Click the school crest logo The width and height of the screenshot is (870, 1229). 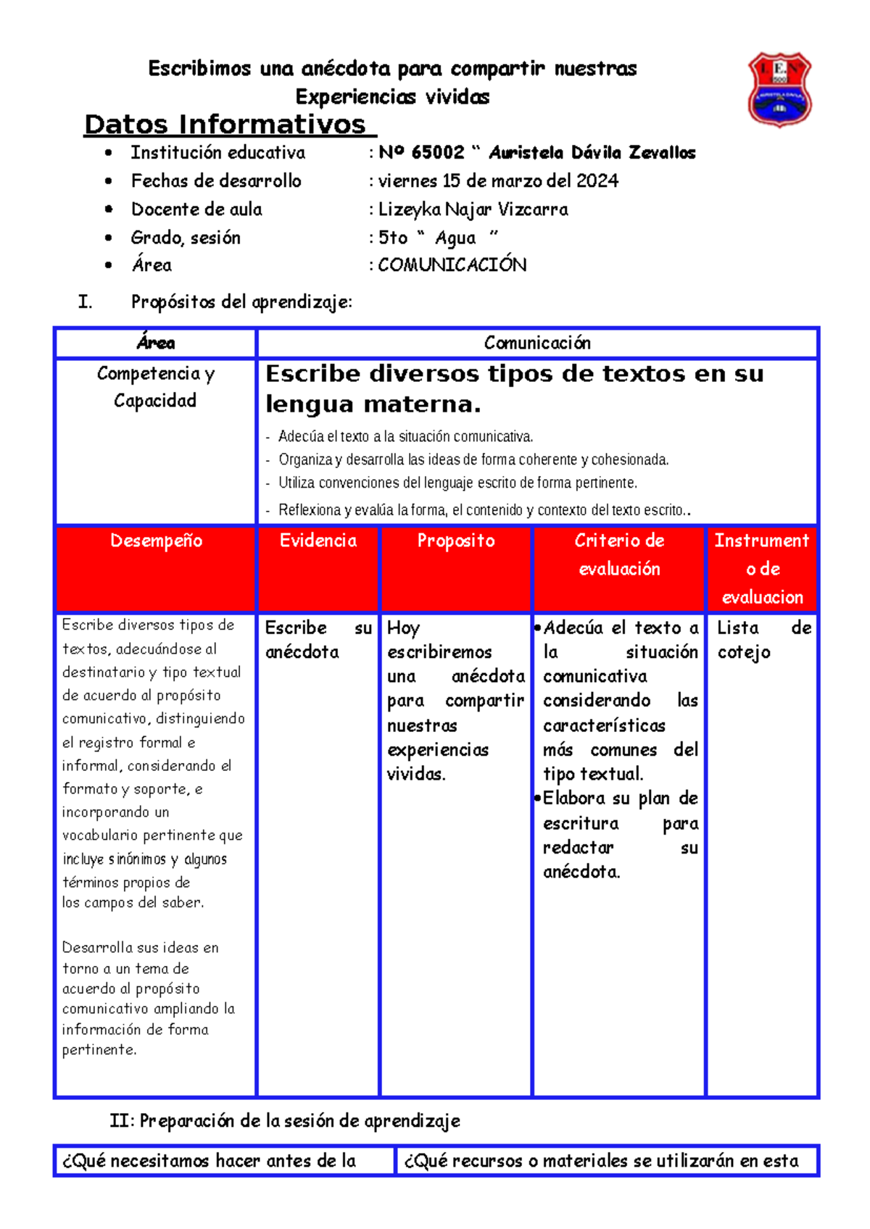(x=779, y=89)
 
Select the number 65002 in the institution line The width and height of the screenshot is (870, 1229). (x=438, y=153)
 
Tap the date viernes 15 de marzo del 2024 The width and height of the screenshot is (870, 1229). (x=498, y=181)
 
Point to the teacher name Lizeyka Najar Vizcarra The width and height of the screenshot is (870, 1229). (x=473, y=209)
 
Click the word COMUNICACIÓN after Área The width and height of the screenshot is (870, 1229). (x=452, y=265)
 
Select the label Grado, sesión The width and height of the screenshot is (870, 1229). (x=186, y=238)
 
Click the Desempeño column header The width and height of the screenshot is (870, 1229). (x=156, y=541)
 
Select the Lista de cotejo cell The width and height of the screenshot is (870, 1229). (x=763, y=640)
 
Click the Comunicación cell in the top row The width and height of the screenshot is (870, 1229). (x=537, y=343)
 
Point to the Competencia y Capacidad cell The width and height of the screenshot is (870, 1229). (x=155, y=387)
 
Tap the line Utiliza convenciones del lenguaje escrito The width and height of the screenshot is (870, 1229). (x=457, y=483)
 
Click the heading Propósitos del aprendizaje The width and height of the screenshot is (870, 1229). (x=241, y=302)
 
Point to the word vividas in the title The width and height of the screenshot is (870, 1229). (x=457, y=97)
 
